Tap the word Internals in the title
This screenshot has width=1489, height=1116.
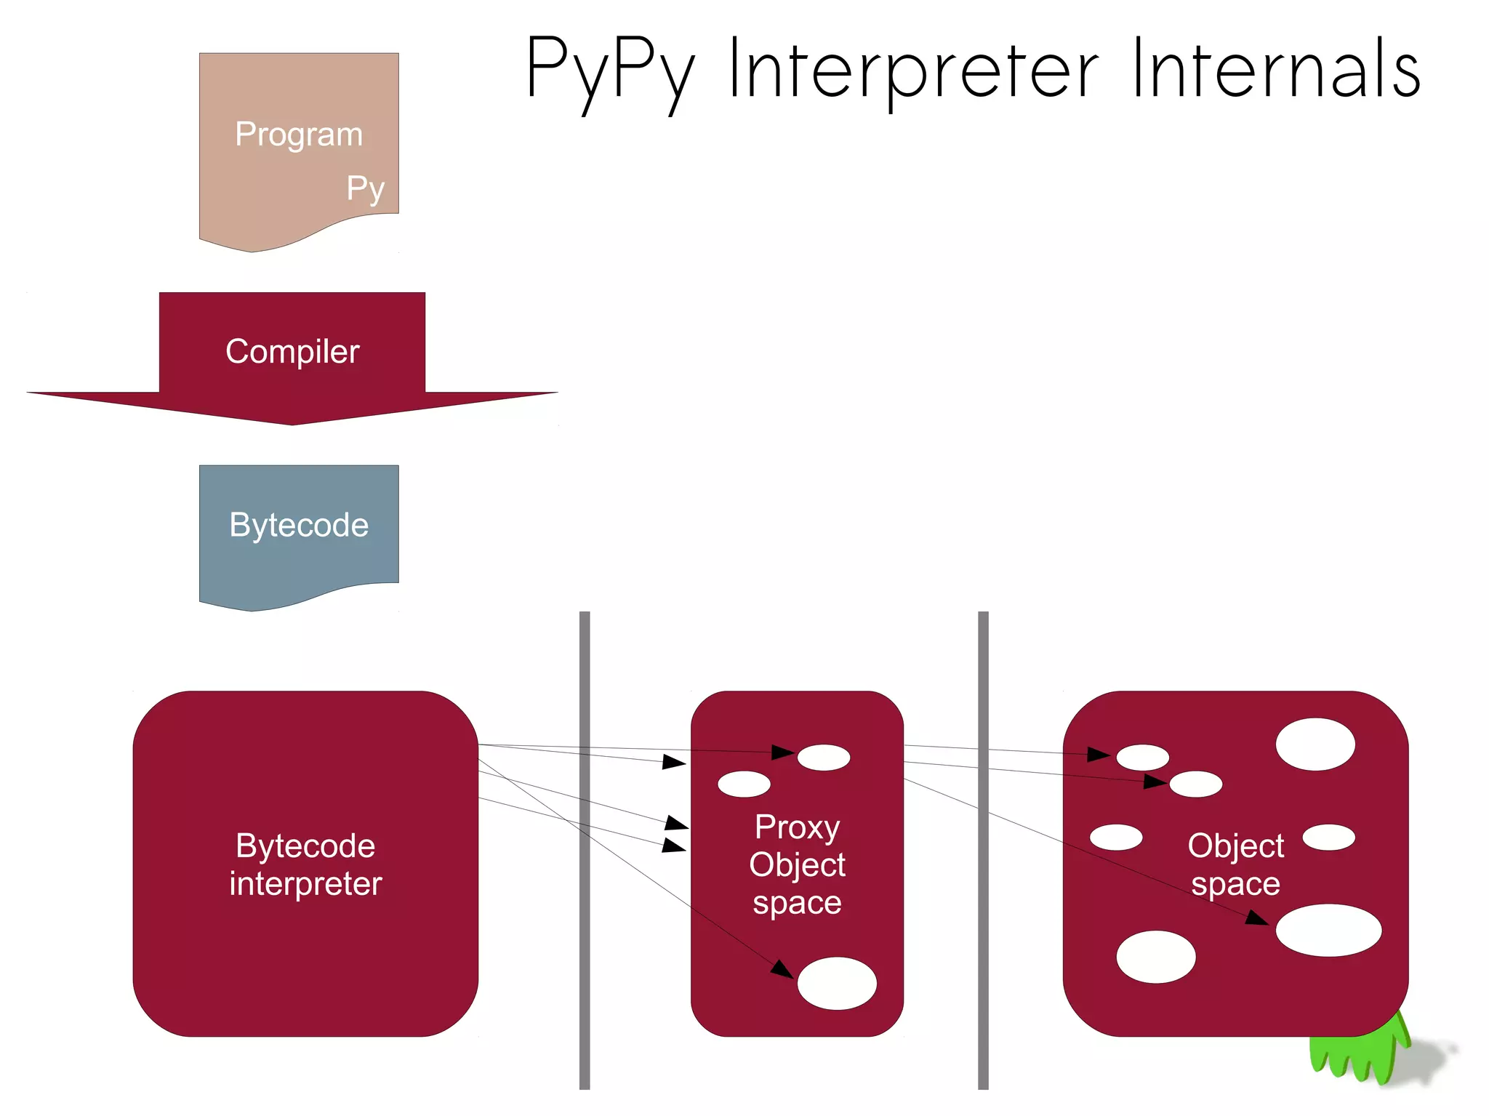(1276, 68)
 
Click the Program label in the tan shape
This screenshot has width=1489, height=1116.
(299, 135)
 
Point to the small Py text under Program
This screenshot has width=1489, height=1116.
(365, 189)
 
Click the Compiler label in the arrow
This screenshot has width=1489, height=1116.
(292, 352)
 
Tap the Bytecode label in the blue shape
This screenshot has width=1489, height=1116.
(299, 525)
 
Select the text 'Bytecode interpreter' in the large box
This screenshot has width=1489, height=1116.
(305, 864)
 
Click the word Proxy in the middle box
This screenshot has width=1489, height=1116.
(797, 827)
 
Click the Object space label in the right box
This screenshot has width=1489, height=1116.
(1235, 864)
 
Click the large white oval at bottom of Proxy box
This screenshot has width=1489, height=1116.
(837, 983)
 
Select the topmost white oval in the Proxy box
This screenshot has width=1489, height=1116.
(824, 757)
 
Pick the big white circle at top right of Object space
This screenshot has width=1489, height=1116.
(1315, 744)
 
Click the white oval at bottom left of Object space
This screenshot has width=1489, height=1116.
(1155, 957)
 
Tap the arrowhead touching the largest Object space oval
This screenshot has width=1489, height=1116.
(1258, 918)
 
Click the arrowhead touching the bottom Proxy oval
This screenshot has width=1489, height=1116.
(783, 969)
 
